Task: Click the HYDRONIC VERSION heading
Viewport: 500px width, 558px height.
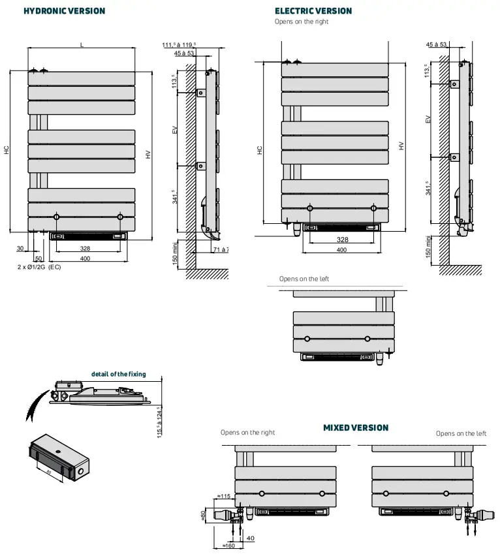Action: click(x=64, y=11)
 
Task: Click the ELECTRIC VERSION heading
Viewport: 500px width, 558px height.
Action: click(x=313, y=11)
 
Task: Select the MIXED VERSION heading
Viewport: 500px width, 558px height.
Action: click(x=356, y=428)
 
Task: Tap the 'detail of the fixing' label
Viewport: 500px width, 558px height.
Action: click(x=118, y=375)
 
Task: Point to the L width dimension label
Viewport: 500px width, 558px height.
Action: click(x=82, y=44)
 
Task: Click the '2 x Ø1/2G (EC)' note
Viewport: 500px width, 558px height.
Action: click(x=39, y=268)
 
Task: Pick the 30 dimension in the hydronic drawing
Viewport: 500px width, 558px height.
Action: click(x=20, y=249)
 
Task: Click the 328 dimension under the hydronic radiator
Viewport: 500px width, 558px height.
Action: click(x=85, y=249)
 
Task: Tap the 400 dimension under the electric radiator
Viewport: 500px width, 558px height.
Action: click(x=341, y=250)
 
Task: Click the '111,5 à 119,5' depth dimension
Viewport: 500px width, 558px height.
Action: click(x=179, y=44)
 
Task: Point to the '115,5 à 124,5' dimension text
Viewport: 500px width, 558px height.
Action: click(x=159, y=422)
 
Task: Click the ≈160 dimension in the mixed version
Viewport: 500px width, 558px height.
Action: click(x=228, y=546)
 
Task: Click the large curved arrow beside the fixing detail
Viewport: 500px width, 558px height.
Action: click(x=37, y=405)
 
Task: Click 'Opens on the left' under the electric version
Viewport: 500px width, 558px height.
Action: click(x=304, y=279)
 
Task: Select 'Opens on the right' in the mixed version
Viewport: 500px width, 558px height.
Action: click(x=247, y=433)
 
